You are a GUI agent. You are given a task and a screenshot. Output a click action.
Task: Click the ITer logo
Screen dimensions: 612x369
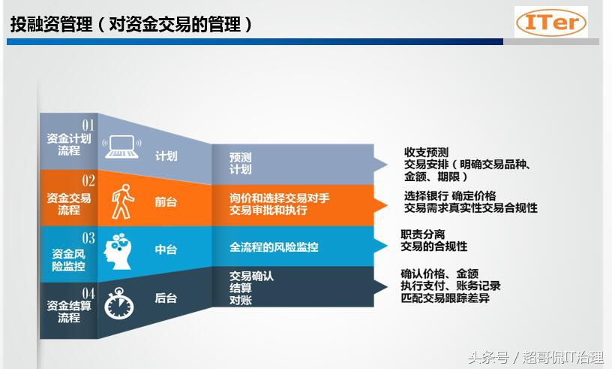point(551,23)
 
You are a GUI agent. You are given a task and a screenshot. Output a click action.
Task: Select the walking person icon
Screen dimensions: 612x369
point(122,201)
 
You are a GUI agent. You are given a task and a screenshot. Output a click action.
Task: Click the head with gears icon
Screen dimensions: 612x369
point(118,251)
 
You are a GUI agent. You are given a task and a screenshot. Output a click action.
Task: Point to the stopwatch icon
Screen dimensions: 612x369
point(119,304)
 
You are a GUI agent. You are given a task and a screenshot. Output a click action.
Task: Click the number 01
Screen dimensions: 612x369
point(88,126)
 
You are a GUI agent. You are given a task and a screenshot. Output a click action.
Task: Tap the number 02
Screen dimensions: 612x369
point(88,180)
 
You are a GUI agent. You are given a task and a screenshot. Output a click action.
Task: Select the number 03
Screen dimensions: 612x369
point(88,238)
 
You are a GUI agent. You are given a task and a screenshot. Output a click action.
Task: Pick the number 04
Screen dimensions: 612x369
point(88,294)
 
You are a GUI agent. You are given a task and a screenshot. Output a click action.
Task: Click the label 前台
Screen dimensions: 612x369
point(166,202)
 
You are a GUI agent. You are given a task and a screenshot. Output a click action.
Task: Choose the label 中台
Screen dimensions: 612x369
point(166,250)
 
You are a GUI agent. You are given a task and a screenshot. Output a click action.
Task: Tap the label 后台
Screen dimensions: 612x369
point(166,298)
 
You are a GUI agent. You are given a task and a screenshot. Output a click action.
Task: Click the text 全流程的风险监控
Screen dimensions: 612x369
point(274,247)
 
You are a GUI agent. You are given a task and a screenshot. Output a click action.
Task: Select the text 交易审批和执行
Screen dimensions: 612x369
point(268,210)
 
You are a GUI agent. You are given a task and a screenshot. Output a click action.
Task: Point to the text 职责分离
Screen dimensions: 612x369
point(423,234)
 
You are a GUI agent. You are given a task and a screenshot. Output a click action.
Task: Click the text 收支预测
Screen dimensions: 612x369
point(426,153)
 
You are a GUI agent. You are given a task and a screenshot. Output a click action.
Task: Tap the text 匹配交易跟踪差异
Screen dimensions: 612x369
point(445,298)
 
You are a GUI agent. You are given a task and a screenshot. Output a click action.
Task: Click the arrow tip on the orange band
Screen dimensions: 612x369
point(387,205)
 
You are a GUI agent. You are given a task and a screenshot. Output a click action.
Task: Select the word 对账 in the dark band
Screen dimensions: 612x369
point(241,301)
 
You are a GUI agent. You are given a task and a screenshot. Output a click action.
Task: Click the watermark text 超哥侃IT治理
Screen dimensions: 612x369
point(563,357)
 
